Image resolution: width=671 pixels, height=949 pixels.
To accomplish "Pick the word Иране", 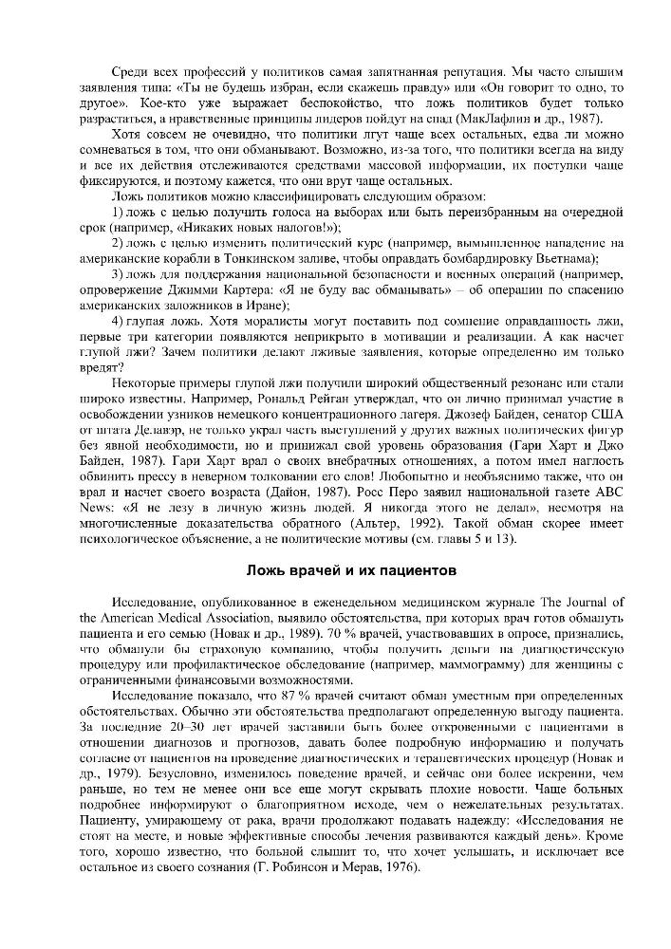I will coord(266,306).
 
